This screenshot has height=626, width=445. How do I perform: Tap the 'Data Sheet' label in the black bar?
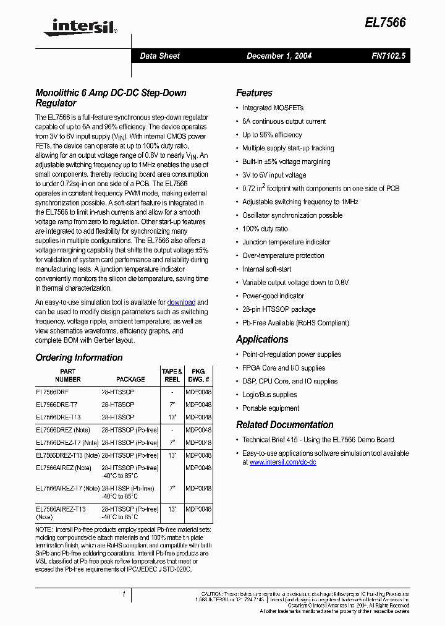click(159, 56)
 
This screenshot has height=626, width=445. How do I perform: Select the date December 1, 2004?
click(279, 56)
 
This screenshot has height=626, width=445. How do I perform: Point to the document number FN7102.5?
click(388, 56)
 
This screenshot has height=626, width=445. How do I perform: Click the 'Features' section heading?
click(254, 93)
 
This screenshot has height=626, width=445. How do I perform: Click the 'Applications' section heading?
click(262, 339)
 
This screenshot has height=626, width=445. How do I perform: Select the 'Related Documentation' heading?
click(284, 424)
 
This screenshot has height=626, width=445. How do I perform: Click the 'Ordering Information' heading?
click(79, 358)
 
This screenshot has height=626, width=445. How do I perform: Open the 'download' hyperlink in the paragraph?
click(181, 302)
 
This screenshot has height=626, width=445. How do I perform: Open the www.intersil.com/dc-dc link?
click(282, 462)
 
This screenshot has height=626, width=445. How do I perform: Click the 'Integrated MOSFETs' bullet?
click(273, 108)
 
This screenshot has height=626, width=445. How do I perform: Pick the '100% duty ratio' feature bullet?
click(265, 229)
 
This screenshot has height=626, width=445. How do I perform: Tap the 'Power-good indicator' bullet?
click(273, 296)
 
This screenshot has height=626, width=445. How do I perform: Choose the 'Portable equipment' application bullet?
click(270, 408)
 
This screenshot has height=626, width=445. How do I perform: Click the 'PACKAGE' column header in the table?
click(130, 379)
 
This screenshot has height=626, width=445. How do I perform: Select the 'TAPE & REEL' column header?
click(172, 375)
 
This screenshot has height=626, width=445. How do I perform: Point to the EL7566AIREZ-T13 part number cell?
click(61, 509)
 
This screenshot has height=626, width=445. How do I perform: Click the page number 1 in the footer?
click(124, 594)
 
